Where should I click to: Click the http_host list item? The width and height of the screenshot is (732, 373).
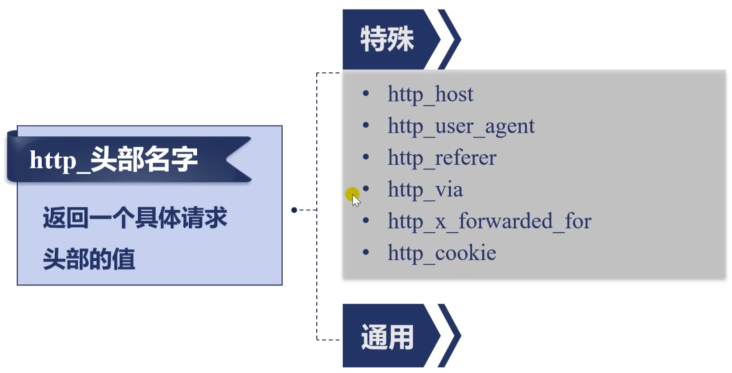coord(430,95)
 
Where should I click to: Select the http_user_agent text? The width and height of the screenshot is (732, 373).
coord(461,126)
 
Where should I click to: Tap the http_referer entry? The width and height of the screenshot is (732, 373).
coord(442,158)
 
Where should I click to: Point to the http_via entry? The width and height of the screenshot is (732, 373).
coord(425,189)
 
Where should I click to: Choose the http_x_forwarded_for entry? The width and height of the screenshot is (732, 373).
coord(489,221)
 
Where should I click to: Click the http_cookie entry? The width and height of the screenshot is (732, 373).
coord(442,253)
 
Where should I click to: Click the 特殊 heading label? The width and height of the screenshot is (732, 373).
coord(387,39)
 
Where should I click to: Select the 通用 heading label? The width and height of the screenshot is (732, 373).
coord(387,337)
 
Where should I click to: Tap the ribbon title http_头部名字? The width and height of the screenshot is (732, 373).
coord(114,160)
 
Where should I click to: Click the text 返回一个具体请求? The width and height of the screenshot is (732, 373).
coord(135,218)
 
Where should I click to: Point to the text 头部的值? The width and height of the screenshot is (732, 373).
coord(89,259)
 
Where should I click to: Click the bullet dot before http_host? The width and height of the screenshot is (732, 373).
coord(366,94)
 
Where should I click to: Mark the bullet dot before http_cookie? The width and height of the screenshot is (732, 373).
coord(366,252)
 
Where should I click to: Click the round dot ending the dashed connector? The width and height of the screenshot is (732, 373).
coord(294,210)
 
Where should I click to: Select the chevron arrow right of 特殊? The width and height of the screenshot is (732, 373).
coord(450,39)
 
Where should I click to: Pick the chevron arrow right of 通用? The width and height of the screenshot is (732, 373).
coord(450,336)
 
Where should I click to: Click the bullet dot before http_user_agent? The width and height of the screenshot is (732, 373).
coord(366,126)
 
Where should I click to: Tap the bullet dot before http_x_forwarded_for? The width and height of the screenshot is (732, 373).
coord(366,220)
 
